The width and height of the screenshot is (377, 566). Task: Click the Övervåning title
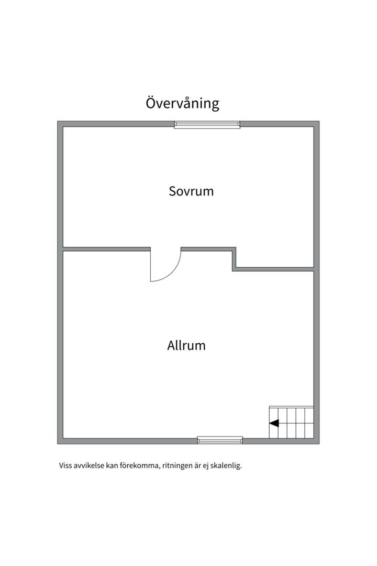[x=182, y=103]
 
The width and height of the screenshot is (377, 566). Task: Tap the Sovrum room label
[x=191, y=191]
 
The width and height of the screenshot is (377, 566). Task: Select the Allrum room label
[x=186, y=345]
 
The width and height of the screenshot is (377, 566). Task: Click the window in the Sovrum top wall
[x=207, y=125]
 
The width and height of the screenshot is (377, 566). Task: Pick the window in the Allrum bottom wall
[x=220, y=440]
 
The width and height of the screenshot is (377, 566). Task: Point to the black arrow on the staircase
[x=274, y=423]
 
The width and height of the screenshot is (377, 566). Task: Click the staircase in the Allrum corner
[x=291, y=422]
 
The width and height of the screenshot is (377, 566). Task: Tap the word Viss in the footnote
[x=65, y=465]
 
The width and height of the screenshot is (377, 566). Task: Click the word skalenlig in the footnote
[x=227, y=466]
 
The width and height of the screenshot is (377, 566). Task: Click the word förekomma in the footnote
[x=140, y=466]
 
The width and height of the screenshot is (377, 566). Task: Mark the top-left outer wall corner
[x=58, y=121]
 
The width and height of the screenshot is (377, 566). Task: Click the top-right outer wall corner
[x=319, y=121]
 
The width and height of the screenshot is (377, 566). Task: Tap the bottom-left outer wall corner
[x=58, y=444]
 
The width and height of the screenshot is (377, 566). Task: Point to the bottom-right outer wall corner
[x=319, y=444]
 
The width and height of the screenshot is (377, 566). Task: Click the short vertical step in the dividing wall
[x=234, y=259]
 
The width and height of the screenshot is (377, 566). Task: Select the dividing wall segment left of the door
[x=107, y=249]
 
